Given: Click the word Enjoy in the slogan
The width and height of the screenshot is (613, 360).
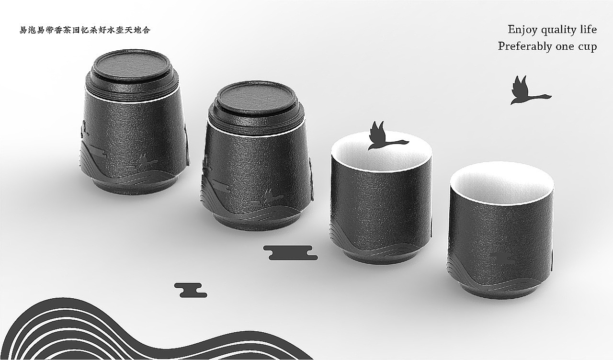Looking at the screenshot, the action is (x=522, y=30).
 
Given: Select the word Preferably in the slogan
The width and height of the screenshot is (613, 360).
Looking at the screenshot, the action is (x=525, y=46).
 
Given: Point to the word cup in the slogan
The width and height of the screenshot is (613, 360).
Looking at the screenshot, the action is (x=587, y=47).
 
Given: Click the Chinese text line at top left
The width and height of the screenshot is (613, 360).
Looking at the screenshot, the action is (x=85, y=30).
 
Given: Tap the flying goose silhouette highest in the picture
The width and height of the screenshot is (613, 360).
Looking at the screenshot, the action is (x=530, y=90).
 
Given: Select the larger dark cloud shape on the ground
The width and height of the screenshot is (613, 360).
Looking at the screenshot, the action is (x=290, y=252).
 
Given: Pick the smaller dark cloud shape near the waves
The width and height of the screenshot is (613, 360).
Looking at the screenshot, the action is (x=191, y=290).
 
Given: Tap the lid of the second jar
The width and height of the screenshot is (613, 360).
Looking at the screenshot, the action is (x=256, y=97).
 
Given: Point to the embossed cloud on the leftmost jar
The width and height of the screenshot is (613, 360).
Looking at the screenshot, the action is (x=97, y=152).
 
